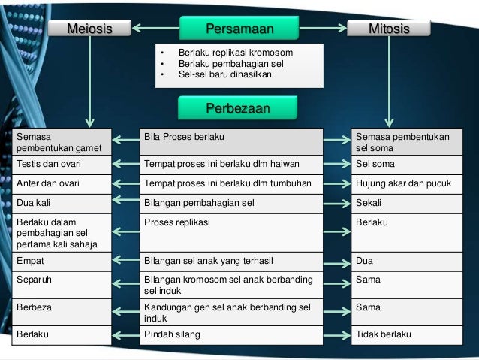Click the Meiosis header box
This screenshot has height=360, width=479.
[x=89, y=29]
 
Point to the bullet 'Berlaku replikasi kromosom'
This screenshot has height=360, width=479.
[x=235, y=53]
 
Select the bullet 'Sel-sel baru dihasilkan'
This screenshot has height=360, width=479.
[x=224, y=74]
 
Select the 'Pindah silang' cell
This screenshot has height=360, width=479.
[x=232, y=334]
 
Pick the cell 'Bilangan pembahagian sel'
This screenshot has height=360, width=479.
[x=232, y=203]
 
